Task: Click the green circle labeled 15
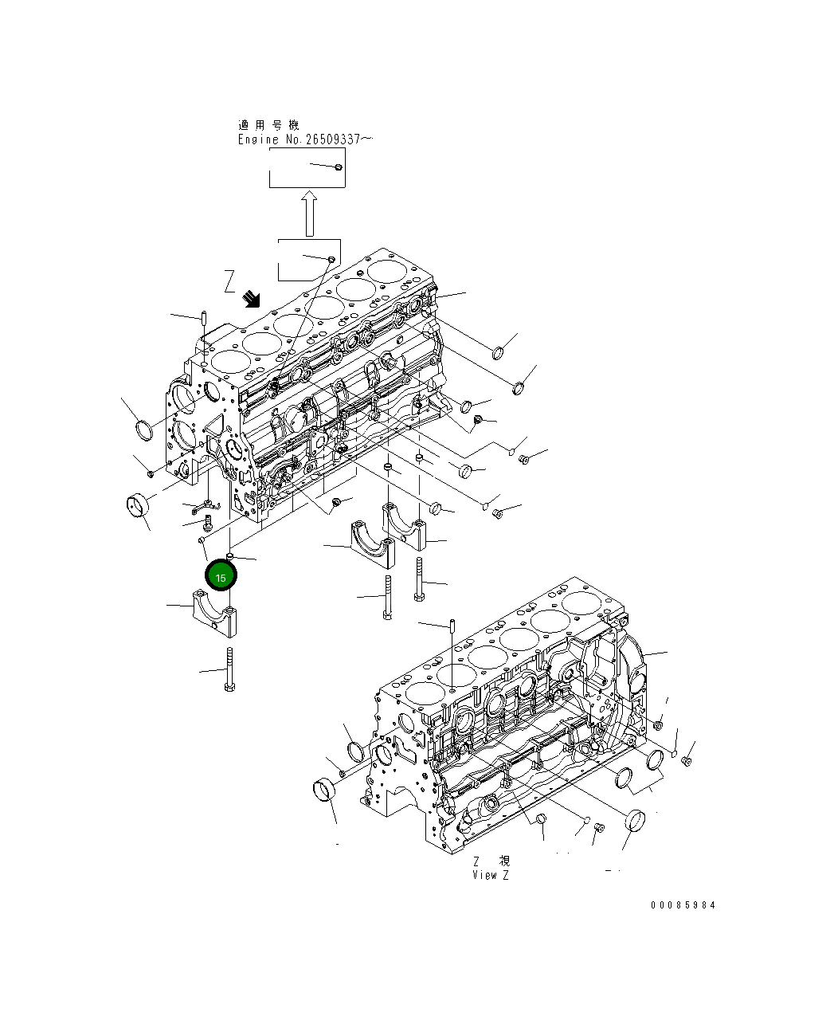click(x=221, y=576)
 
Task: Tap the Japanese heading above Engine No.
click(x=268, y=125)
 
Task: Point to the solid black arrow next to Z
click(x=253, y=299)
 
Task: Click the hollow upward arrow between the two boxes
click(x=310, y=213)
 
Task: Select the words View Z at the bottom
click(x=490, y=874)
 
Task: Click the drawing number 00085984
click(x=683, y=904)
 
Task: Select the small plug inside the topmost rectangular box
click(x=338, y=167)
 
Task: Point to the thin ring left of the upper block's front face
click(x=146, y=430)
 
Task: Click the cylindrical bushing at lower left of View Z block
click(x=323, y=790)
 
